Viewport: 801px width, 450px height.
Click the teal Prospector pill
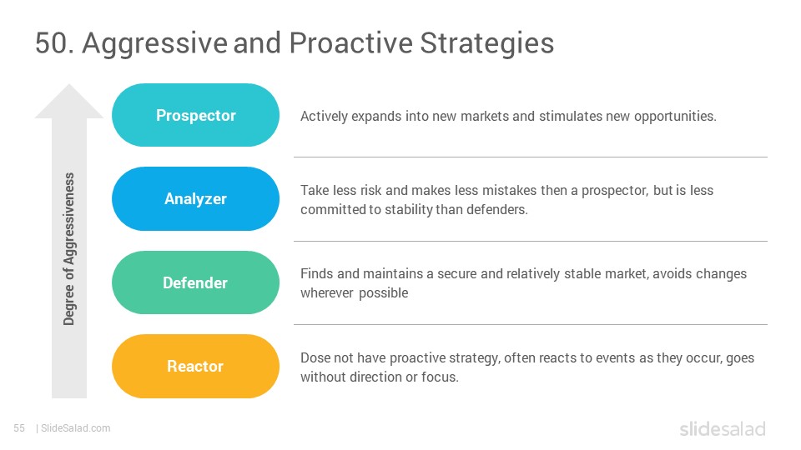195,115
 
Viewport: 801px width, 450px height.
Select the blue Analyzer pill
195,199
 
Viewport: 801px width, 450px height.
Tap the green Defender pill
195,282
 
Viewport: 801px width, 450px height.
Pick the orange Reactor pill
195,367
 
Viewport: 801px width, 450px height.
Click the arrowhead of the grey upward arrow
69,102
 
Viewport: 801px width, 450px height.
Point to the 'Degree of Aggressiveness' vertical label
69,249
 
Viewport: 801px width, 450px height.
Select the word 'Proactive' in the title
351,42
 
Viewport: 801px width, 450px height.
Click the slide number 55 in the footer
19,428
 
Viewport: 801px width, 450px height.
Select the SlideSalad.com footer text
76,428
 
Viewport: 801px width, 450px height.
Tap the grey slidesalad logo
723,429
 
